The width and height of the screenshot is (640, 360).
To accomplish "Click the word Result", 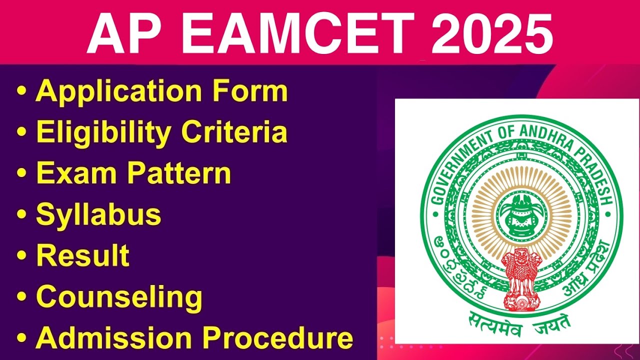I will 82,255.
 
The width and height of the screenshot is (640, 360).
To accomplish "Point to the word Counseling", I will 119,297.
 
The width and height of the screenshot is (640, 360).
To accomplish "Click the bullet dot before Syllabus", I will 21,214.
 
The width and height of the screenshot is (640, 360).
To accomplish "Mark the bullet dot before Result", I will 21,255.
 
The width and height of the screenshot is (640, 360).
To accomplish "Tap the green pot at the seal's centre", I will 521,214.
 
